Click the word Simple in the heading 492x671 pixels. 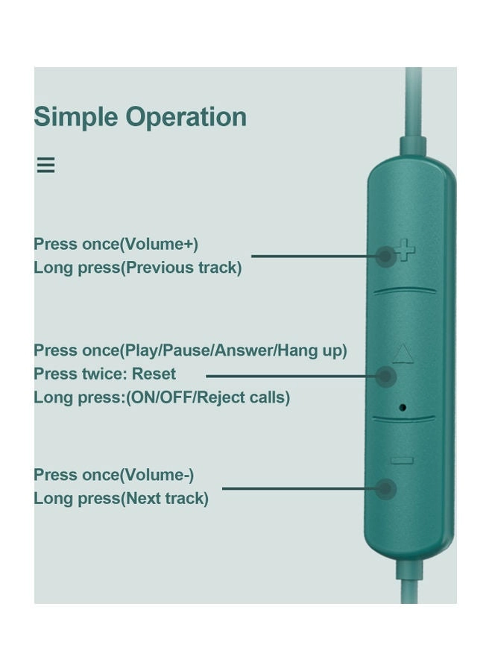pos(76,117)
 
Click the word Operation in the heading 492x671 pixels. pos(186,117)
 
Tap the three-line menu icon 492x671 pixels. pos(45,165)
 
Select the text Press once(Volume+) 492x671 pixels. pos(116,244)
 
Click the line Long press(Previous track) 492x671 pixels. pos(138,268)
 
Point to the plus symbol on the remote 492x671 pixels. pos(405,250)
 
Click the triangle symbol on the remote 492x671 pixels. pos(403,354)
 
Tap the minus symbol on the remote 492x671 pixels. pos(402,461)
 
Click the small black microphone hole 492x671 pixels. pos(402,407)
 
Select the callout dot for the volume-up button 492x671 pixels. pos(385,256)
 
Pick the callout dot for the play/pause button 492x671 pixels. pos(385,377)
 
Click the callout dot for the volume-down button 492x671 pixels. pos(385,488)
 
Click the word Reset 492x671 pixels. pos(154,374)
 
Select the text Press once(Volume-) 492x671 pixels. pos(114,475)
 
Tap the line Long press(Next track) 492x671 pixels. pos(121,498)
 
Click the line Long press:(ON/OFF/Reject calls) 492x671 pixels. pos(162,397)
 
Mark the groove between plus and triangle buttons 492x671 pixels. pos(405,291)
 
